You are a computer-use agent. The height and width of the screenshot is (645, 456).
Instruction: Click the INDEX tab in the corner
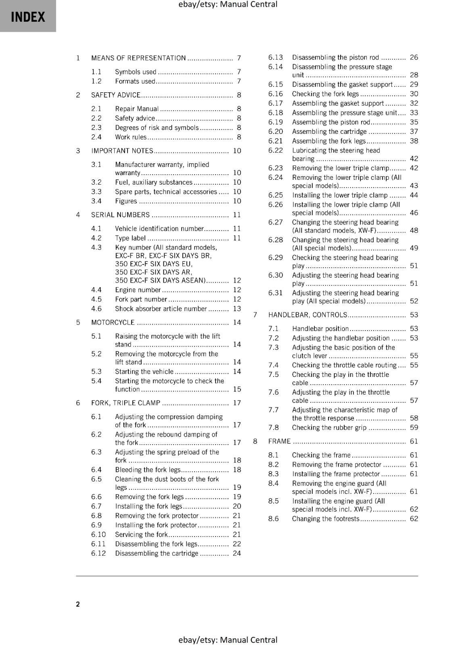point(28,17)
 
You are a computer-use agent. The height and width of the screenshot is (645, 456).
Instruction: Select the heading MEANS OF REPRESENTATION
point(138,58)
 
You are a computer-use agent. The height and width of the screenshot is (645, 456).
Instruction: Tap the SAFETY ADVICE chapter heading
point(116,95)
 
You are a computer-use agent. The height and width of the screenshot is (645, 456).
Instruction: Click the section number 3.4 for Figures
point(96,201)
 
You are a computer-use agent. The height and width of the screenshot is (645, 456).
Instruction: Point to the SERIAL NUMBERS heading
point(120,215)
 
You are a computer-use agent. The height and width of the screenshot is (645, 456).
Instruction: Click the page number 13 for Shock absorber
point(237,309)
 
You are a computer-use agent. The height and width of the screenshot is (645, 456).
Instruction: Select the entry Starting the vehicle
point(144,372)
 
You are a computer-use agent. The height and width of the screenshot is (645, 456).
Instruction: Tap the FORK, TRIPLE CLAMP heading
point(126,403)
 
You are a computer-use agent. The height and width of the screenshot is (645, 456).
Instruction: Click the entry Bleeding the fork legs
point(148,470)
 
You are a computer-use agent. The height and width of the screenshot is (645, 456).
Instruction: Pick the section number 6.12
point(98,553)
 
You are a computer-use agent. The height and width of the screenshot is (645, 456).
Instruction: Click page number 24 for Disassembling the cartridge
point(237,553)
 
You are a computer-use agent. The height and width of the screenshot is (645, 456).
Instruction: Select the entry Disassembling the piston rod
point(335,57)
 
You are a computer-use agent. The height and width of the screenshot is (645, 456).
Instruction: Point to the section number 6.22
point(276,150)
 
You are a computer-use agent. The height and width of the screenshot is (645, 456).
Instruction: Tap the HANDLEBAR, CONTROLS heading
point(307,315)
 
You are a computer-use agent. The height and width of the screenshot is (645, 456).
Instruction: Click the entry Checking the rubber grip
point(329,428)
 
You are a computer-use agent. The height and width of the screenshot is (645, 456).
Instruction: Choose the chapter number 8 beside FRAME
point(255,441)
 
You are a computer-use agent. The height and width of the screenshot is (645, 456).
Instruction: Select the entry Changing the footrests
point(325,519)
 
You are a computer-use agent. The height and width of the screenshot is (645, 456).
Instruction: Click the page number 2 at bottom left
point(78,604)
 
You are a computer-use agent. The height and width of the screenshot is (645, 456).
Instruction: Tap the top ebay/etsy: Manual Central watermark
point(228,4)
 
